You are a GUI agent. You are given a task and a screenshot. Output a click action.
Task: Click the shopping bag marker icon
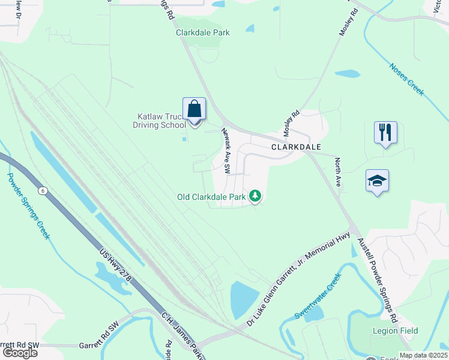click(194, 110)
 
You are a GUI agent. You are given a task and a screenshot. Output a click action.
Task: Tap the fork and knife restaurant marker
click(385, 133)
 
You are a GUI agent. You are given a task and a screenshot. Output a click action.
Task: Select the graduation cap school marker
click(378, 181)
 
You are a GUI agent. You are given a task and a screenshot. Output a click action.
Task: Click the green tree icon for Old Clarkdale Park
click(255, 196)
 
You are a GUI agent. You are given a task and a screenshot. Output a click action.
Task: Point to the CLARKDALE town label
click(296, 146)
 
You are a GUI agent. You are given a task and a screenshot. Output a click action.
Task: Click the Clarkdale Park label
click(203, 33)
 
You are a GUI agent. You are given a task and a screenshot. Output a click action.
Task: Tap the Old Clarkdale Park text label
click(212, 196)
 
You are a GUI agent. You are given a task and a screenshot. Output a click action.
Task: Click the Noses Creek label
click(406, 79)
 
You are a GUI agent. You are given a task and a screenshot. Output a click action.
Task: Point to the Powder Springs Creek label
click(27, 205)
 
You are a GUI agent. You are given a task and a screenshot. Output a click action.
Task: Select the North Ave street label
click(338, 172)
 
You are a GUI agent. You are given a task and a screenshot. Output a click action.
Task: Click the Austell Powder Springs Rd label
click(378, 278)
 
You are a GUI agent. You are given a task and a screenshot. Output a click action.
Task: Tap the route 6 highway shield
click(42, 190)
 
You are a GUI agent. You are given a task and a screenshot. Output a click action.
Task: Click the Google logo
click(19, 353)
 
